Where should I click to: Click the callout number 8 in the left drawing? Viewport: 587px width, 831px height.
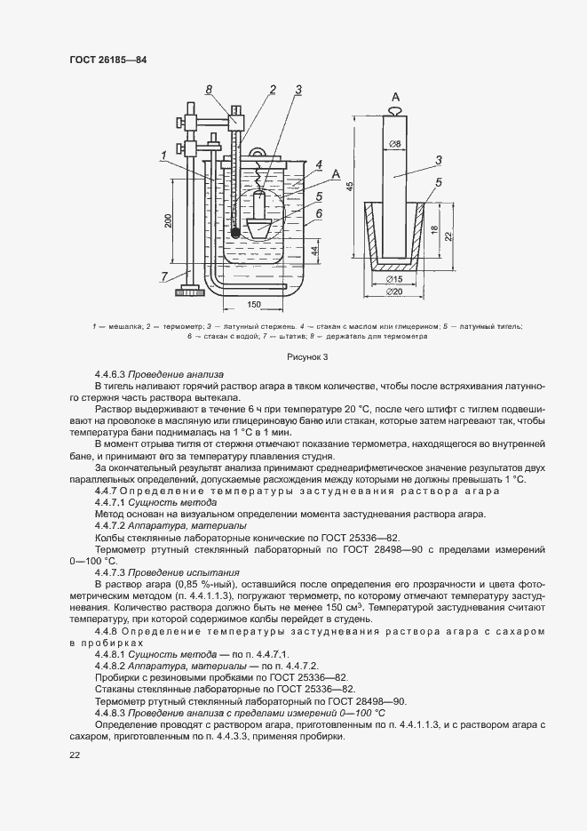pos(208,89)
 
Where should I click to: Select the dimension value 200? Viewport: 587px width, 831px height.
pos(168,222)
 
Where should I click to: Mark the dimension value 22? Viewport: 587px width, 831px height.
pos(449,235)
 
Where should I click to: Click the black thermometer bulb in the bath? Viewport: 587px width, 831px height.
pos(235,233)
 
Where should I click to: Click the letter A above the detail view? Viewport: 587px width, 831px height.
pos(394,96)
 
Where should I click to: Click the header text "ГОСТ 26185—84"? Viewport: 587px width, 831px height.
pos(107,60)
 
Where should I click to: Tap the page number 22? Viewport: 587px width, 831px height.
pos(75,755)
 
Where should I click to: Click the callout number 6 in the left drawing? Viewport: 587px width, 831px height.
pos(317,213)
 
